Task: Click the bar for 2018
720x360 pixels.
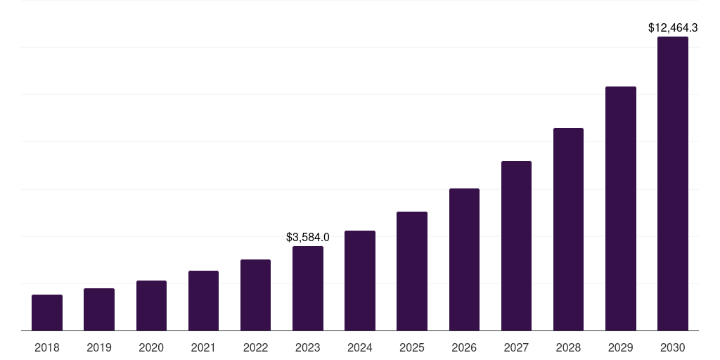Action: coord(47,313)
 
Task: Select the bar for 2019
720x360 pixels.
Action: coord(99,309)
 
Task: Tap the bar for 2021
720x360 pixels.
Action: coord(203,301)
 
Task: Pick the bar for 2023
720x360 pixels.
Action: coord(308,288)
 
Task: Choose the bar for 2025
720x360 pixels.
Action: coord(412,271)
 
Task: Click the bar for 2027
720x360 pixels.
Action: coord(516,246)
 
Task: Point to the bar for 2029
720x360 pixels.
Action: coord(620,209)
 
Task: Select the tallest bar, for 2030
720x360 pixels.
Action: coord(673,184)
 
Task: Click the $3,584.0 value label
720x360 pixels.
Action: coord(308,238)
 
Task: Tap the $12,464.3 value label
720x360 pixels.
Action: coord(673,28)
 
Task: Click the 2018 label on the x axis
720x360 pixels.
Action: coord(47,347)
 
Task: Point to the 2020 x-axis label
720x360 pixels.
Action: coord(151,347)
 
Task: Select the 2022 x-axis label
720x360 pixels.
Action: coord(255,347)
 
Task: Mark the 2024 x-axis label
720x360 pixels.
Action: coord(360,347)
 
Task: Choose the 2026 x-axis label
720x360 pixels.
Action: coord(464,347)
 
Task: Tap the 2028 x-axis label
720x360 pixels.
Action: coord(568,347)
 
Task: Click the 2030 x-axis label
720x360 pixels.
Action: coord(673,347)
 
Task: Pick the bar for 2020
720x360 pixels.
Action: coord(151,306)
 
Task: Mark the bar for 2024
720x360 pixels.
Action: coord(360,281)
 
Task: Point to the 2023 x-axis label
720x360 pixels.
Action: coord(308,347)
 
